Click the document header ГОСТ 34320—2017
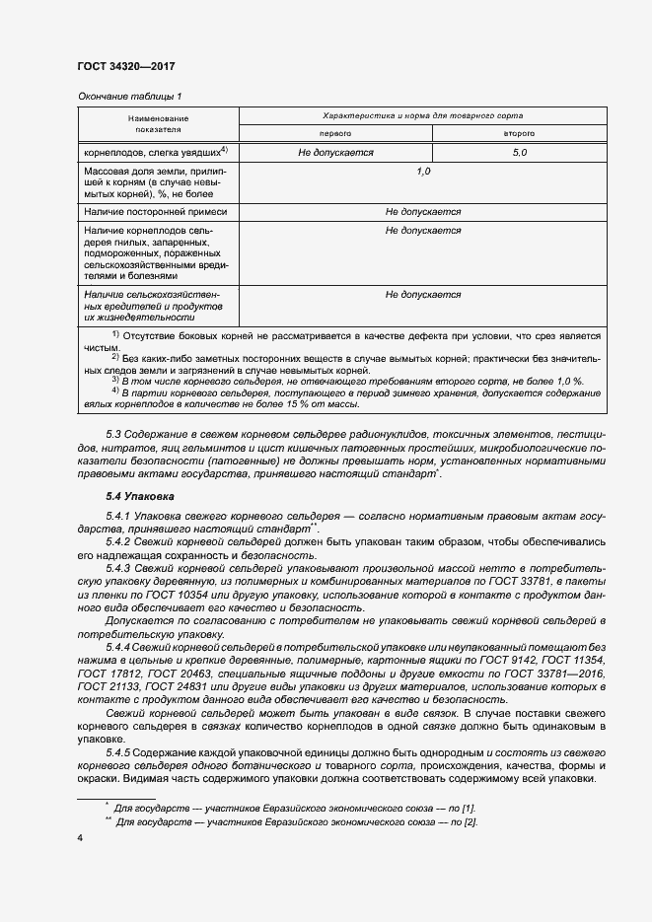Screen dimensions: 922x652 125,66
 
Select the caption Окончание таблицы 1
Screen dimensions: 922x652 129,96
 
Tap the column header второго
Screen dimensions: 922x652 520,132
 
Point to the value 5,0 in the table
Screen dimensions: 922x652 520,153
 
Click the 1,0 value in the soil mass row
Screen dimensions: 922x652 423,172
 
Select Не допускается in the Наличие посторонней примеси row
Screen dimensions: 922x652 423,212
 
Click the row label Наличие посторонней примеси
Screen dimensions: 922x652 156,212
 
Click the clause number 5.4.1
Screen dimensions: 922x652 119,517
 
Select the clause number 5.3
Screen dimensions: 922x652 113,434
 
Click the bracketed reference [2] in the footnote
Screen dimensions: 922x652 471,822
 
